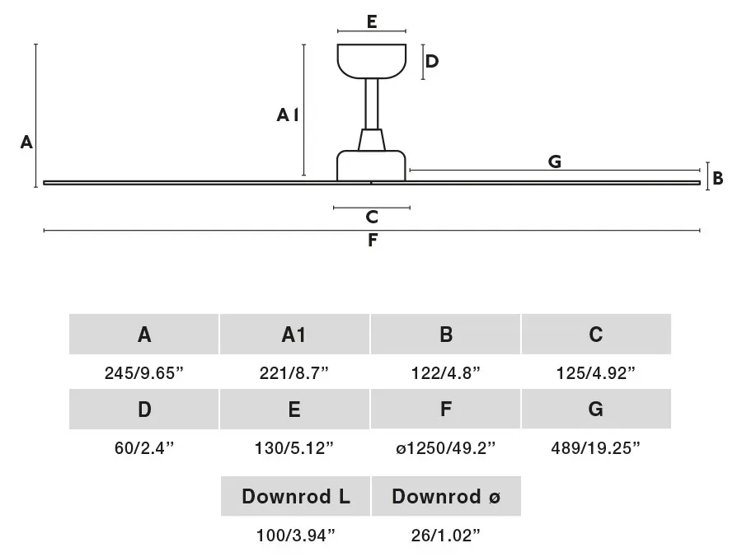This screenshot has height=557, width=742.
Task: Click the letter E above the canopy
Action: point(372,21)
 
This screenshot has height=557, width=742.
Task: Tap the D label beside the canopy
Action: point(431,62)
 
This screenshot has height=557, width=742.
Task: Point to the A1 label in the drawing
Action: point(288,115)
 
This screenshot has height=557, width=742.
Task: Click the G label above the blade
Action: point(555,161)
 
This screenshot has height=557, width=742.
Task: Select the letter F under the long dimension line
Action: point(373,241)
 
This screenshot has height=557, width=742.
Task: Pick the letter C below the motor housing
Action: point(372,217)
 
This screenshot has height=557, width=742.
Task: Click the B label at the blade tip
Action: point(717,179)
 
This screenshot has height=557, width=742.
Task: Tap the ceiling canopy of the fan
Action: point(372,61)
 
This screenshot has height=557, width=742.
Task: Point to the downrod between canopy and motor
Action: point(372,104)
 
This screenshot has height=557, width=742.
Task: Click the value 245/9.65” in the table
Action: point(143,373)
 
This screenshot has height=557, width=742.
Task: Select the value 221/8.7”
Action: point(294,373)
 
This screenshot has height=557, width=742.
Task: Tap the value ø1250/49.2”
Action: point(446,447)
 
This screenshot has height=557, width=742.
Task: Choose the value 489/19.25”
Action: point(595,447)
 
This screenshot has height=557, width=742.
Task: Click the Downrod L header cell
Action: point(295,496)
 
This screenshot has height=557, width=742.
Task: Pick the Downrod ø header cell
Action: point(446,496)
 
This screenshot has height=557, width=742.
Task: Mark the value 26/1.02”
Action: point(446,536)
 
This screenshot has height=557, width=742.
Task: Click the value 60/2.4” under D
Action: point(144,447)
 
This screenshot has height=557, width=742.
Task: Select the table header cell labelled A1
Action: point(294,335)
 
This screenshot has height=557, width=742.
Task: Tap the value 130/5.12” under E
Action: point(294,447)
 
